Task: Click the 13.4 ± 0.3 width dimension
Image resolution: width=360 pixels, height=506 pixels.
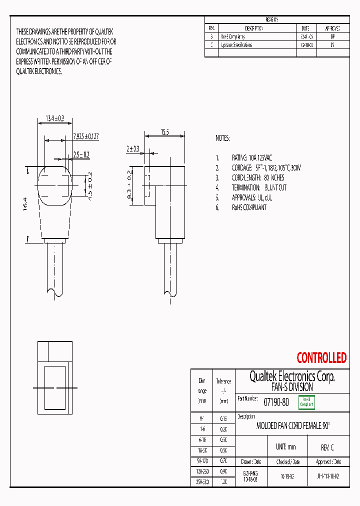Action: [x=55, y=118]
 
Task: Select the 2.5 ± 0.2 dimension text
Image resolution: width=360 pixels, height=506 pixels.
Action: [x=81, y=154]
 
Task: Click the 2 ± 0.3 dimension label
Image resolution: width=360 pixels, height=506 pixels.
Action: [x=133, y=148]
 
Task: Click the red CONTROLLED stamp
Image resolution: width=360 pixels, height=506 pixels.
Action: [x=321, y=358]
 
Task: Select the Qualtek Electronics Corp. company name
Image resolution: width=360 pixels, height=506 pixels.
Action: [x=292, y=376]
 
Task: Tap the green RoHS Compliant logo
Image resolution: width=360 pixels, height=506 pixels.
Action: [x=306, y=401]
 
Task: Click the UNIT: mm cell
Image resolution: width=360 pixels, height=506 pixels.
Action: [x=286, y=446]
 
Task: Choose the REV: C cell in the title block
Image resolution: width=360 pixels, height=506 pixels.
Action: [x=327, y=447]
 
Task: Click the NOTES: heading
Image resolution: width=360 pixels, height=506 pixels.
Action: [x=222, y=138]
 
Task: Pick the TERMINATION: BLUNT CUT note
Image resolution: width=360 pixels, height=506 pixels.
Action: [x=259, y=187]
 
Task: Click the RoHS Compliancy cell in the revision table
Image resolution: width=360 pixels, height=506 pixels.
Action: [x=233, y=36]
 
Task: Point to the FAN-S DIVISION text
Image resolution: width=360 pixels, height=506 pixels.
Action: [x=292, y=387]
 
